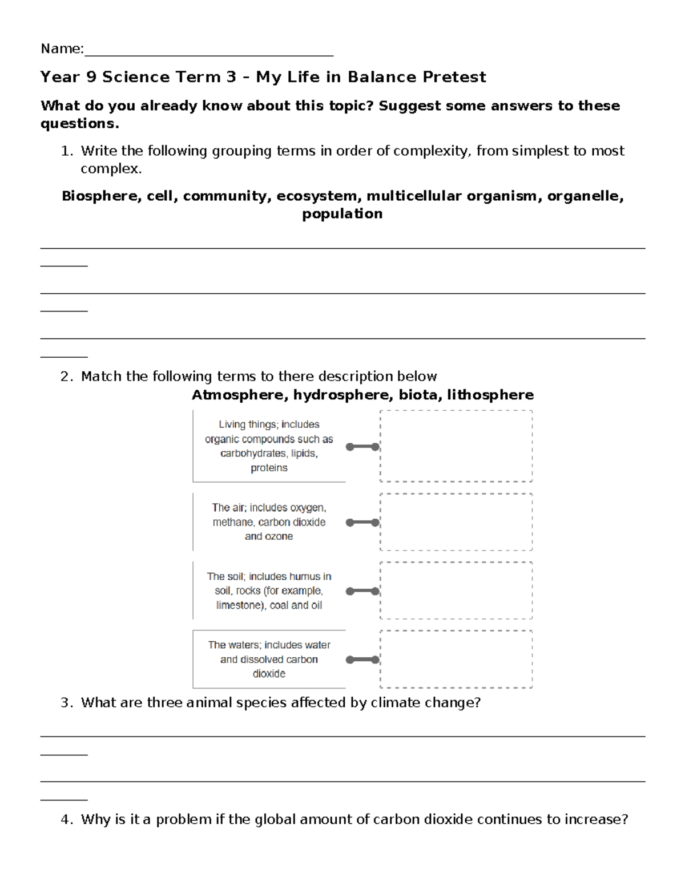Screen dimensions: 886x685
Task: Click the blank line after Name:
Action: [208, 51]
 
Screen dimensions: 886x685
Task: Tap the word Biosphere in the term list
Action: [100, 196]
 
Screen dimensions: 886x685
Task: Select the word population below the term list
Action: [342, 214]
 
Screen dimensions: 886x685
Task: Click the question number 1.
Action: [66, 151]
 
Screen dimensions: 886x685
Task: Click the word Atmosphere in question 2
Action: [240, 395]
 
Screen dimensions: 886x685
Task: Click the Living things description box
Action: [269, 446]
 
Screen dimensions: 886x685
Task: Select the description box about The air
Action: [269, 522]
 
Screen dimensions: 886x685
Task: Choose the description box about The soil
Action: [269, 590]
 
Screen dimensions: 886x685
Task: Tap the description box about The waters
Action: [269, 659]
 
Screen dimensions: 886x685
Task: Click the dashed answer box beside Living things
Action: [456, 446]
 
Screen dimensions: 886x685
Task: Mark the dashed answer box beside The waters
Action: [456, 659]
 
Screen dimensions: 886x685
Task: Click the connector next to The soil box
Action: [362, 591]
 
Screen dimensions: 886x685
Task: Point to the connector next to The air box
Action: [362, 522]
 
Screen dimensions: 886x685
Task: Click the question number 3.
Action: [66, 703]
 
